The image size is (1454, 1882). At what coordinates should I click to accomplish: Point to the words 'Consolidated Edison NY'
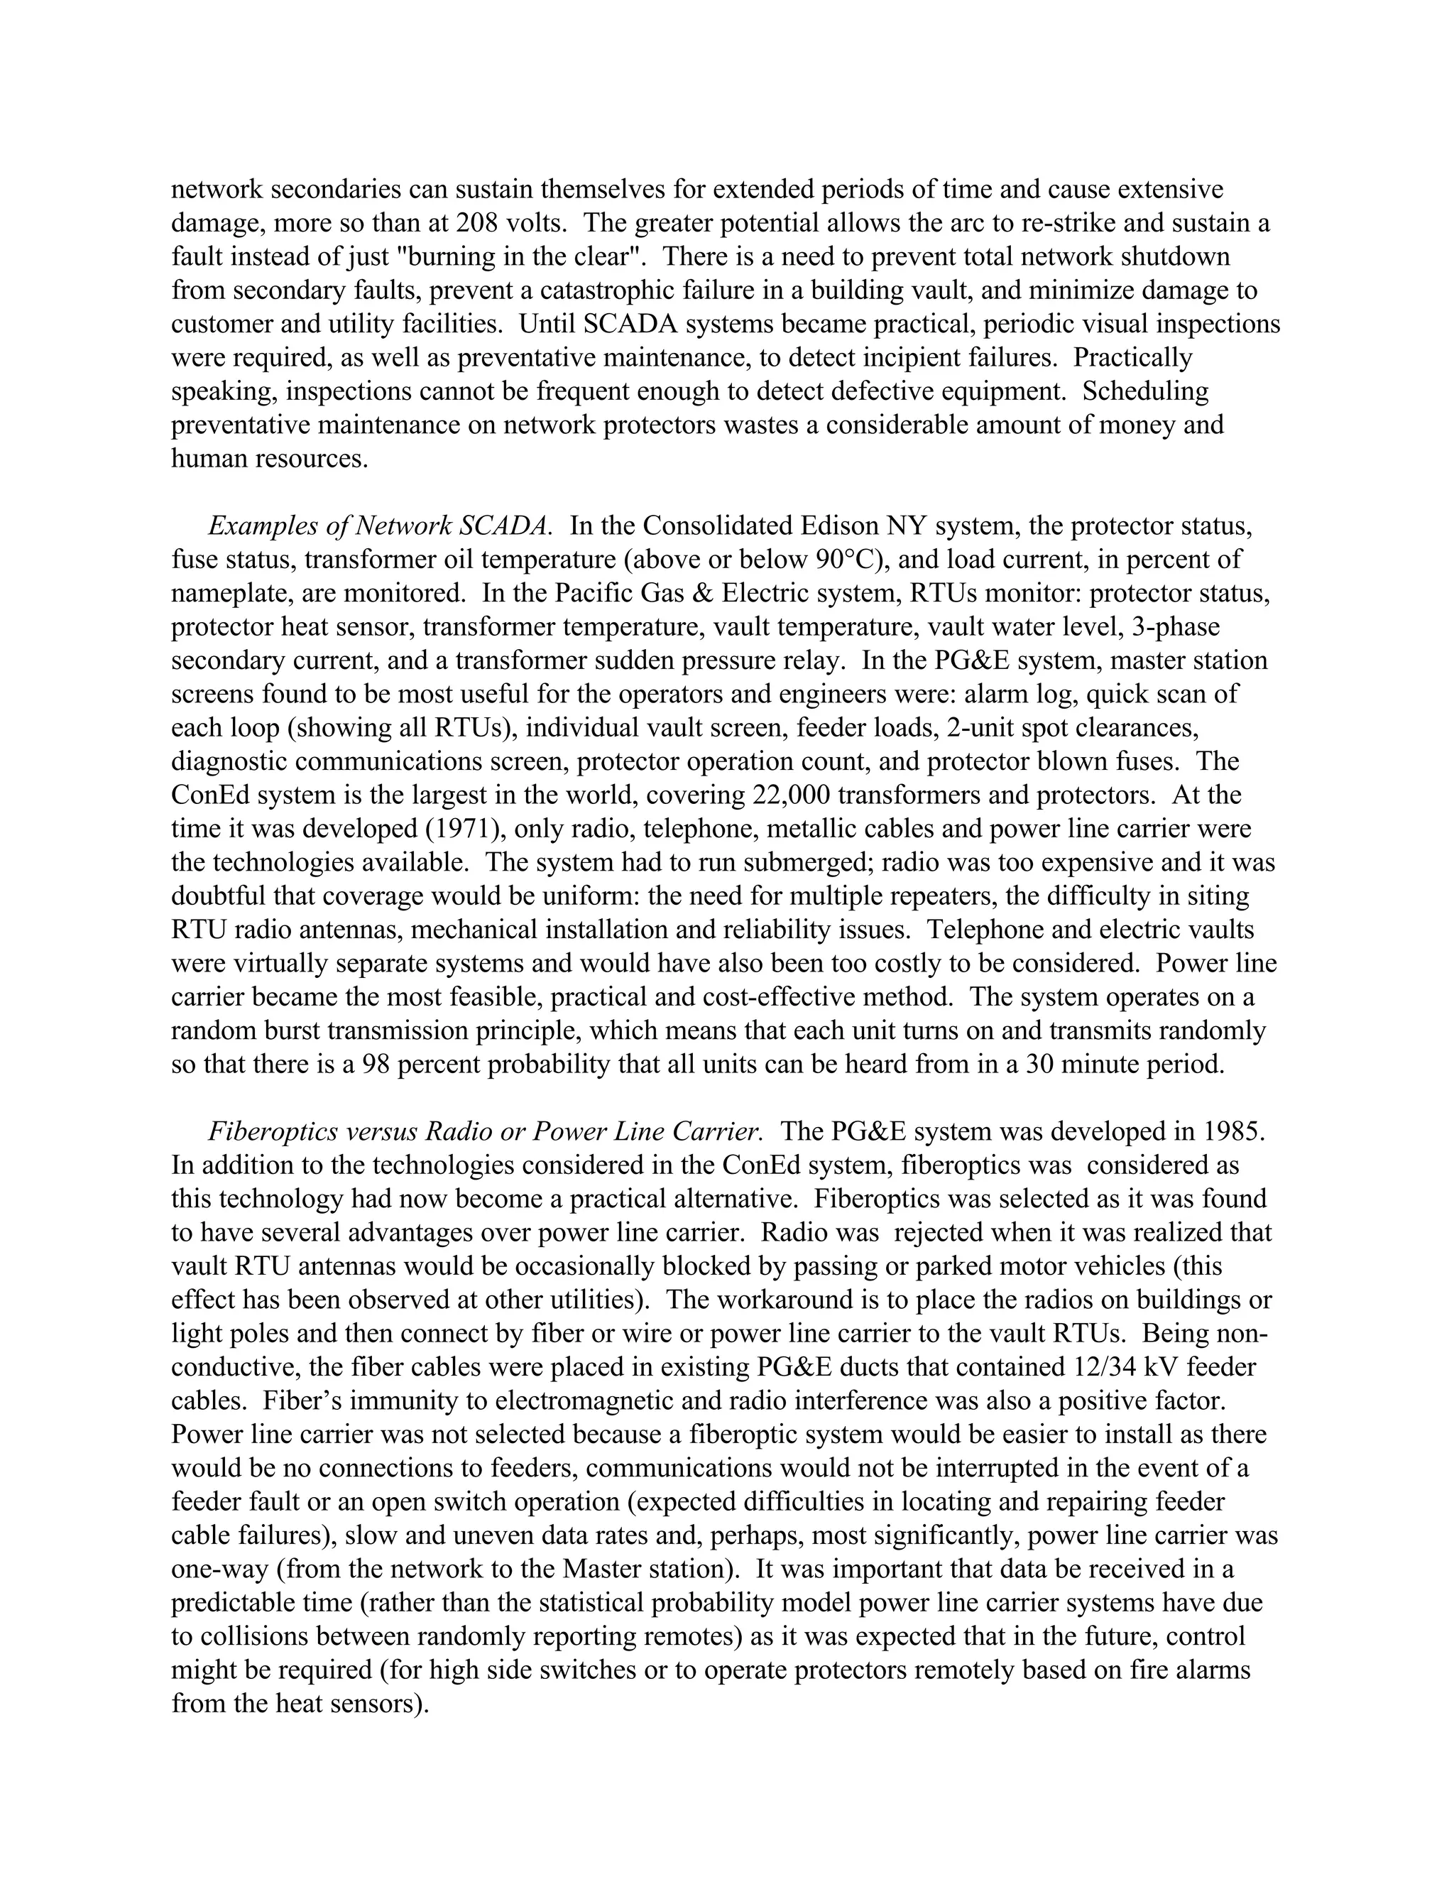pos(785,526)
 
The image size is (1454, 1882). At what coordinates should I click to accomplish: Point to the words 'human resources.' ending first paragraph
pos(270,459)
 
